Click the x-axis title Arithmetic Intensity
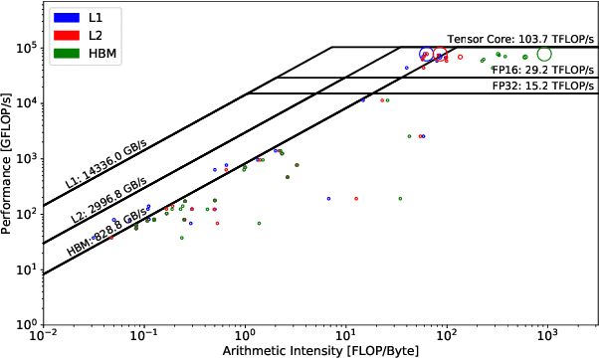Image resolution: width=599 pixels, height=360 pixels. pyautogui.click(x=320, y=351)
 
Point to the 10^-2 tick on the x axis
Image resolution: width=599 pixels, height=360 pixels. pyautogui.click(x=44, y=335)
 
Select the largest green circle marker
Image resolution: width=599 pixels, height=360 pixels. pyautogui.click(x=544, y=53)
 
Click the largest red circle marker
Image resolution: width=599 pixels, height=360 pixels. pyautogui.click(x=440, y=55)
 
